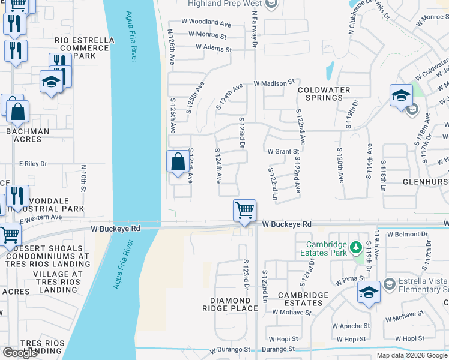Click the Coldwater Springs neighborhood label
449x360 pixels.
pos(324,94)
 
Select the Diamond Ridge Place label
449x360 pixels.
pos(234,304)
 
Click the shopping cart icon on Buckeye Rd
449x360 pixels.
pos(244,211)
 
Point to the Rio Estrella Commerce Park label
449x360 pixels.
pos(75,48)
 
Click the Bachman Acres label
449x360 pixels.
pos(28,136)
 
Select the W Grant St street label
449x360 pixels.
pos(283,152)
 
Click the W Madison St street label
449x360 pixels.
pos(274,82)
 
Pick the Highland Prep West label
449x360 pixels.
pos(224,4)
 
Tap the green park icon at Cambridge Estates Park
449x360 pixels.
pos(355,246)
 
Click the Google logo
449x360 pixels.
pos(20,353)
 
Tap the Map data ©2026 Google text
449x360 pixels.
pos(411,355)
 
